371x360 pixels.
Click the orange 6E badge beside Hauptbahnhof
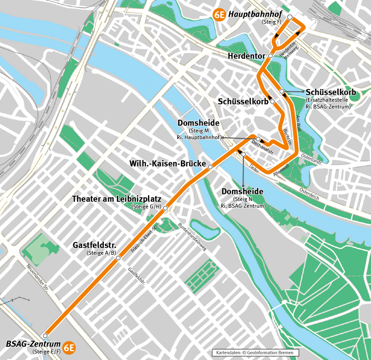pyautogui.click(x=219, y=14)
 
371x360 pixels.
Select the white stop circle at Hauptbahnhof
pyautogui.click(x=290, y=17)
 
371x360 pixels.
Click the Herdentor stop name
pyautogui.click(x=246, y=56)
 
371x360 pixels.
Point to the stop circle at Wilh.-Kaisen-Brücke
pyautogui.click(x=210, y=167)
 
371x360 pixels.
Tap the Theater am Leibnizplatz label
pyautogui.click(x=116, y=199)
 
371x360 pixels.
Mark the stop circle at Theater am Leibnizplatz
pyautogui.click(x=165, y=208)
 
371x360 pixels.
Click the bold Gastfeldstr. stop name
pyautogui.click(x=94, y=245)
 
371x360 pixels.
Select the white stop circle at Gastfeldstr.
pyautogui.click(x=118, y=258)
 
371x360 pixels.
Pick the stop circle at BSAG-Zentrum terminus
pyautogui.click(x=45, y=335)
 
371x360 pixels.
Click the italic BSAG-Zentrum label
pyautogui.click(x=33, y=344)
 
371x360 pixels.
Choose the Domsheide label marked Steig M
pyautogui.click(x=198, y=123)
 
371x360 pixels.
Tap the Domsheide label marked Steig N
pyautogui.click(x=243, y=192)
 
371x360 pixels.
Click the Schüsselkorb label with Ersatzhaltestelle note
pyautogui.click(x=331, y=92)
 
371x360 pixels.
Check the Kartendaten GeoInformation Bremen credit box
pyautogui.click(x=252, y=353)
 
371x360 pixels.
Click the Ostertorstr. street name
pyautogui.click(x=311, y=159)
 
